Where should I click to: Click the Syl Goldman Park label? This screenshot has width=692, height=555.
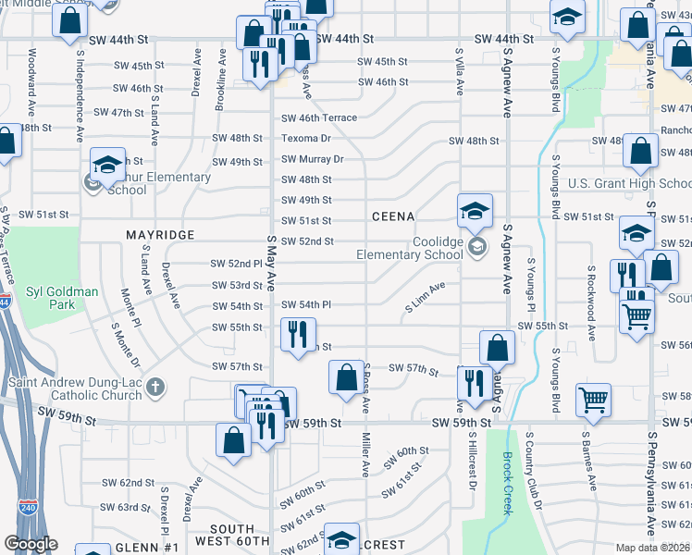(60, 298)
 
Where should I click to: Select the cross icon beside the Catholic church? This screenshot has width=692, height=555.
(156, 386)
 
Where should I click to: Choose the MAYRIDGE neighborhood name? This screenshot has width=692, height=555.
(160, 236)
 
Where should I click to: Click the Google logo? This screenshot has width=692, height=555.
(31, 543)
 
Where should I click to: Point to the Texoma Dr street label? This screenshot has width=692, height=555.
(306, 139)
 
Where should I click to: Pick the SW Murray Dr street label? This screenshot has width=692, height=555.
(312, 159)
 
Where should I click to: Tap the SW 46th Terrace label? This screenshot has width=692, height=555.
(319, 118)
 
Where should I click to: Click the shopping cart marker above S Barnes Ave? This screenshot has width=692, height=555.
(593, 399)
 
